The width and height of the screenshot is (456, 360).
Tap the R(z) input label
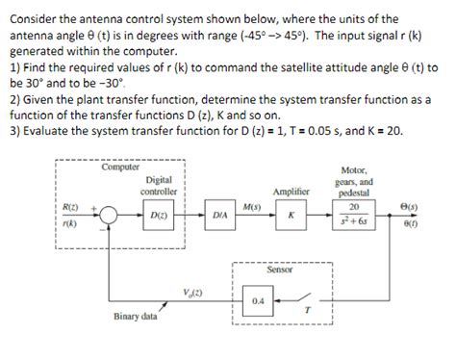pos(70,207)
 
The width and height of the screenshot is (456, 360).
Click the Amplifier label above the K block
pos(290,192)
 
